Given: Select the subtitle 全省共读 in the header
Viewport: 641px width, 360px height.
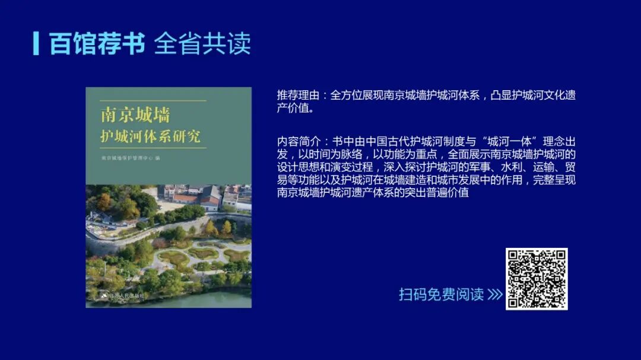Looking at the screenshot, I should (202, 44).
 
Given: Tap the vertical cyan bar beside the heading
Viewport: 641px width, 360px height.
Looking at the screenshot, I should (36, 43).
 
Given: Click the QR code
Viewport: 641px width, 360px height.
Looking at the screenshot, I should (537, 279).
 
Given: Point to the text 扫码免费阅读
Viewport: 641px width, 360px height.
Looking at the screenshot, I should (442, 295).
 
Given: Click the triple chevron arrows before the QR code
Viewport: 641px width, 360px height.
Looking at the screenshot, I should (495, 295).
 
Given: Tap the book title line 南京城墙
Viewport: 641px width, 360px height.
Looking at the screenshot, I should (136, 114).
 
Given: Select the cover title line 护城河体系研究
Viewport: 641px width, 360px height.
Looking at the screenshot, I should (151, 136).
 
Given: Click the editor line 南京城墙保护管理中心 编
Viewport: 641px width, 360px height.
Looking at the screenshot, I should (131, 158).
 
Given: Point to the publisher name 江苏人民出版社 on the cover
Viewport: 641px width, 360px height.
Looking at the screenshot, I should (127, 295).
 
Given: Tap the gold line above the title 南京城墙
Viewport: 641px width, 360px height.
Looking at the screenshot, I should (146, 101).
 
